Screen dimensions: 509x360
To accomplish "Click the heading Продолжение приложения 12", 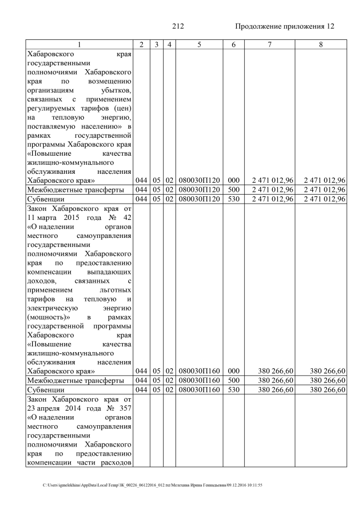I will pyautogui.click(x=284, y=26).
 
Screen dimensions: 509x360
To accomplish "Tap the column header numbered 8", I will pyautogui.click(x=320, y=44).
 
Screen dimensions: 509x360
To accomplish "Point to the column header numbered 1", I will pyautogui.click(x=79, y=44).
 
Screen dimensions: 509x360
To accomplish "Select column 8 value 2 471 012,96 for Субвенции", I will pyautogui.click(x=324, y=199).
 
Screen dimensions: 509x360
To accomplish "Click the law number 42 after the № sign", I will pyautogui.click(x=127, y=217).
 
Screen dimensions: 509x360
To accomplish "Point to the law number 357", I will pyautogui.click(x=125, y=408).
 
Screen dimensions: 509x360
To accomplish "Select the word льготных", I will pyautogui.click(x=115, y=290).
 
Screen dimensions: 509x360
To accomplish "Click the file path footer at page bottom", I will pyautogui.click(x=153, y=485).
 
